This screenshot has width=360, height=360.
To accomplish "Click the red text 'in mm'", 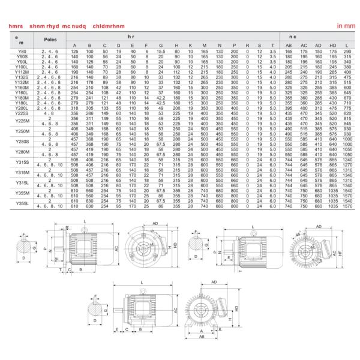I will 346,27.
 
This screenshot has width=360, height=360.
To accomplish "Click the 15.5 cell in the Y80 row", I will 161,52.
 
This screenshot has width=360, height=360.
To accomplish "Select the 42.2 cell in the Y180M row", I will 161,99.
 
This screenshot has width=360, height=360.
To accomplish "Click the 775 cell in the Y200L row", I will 347,108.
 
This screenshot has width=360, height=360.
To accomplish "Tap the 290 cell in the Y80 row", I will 347,52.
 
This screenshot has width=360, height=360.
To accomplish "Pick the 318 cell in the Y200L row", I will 74,108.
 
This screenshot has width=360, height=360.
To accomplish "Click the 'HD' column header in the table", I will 333,46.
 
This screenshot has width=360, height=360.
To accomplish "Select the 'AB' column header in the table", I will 289,46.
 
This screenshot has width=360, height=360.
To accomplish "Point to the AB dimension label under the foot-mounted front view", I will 203,338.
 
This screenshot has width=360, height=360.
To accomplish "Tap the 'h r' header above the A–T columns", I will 173,37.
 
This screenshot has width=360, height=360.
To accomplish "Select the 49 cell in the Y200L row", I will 161,108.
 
